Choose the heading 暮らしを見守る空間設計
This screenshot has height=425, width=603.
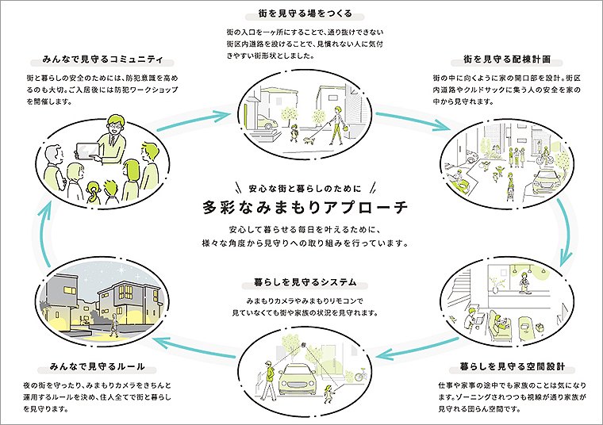(501, 367)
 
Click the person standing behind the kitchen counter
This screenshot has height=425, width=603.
(522, 281)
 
